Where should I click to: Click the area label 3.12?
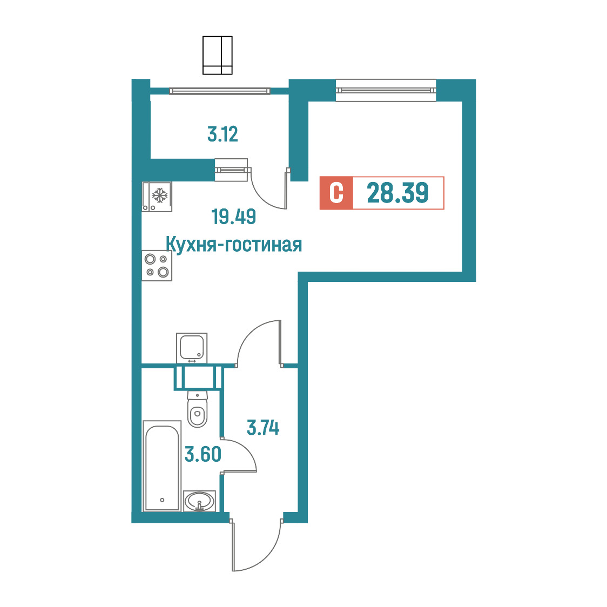coord(222,134)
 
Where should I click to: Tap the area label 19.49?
coord(233,217)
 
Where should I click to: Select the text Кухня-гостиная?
coord(234,245)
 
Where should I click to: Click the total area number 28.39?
coord(397,193)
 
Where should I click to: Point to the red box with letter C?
coord(336,193)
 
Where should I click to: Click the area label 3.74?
coord(263,428)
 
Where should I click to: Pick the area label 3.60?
coord(203,454)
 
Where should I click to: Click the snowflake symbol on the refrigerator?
coord(160,195)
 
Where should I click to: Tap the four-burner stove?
coord(157,266)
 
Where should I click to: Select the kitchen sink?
coord(192,348)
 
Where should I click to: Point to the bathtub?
coord(162,466)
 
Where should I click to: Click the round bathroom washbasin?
coord(199,501)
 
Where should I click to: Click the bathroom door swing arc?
coord(248,450)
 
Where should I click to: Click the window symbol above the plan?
coord(218,56)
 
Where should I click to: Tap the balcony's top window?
coord(219,91)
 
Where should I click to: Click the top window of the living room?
coord(386,91)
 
